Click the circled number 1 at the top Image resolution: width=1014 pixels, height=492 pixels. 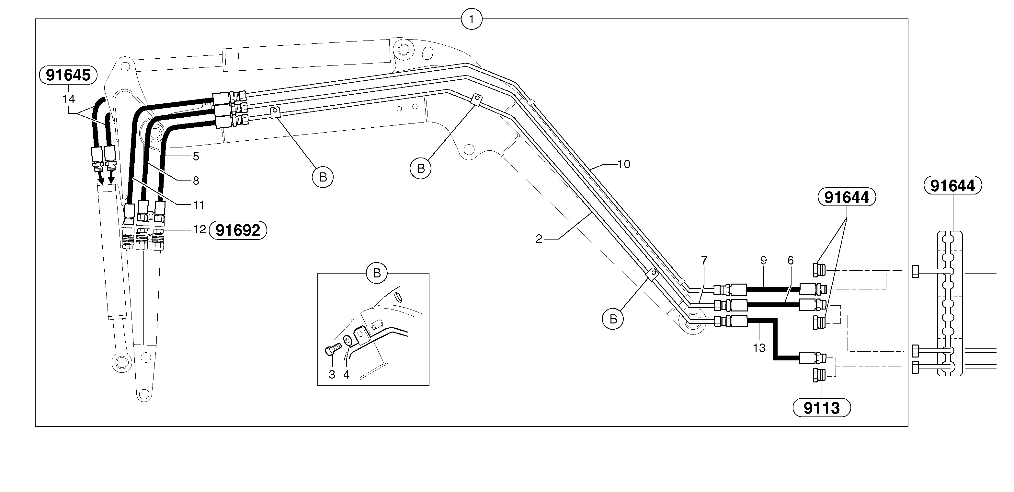(472, 18)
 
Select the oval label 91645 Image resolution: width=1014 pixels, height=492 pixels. (68, 75)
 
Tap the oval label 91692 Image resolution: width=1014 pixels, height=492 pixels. (238, 230)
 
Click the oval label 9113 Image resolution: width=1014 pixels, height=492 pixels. (822, 408)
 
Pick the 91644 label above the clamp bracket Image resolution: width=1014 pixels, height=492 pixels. (952, 185)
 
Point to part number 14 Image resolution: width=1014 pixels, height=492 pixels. (68, 99)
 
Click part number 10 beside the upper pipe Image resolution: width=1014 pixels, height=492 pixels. (624, 164)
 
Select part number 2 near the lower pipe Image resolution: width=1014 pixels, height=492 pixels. (539, 239)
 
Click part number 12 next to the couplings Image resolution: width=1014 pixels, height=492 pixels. (199, 229)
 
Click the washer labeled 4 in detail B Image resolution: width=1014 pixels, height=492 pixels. (348, 340)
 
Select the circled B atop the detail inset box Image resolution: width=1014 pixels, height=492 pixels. (377, 273)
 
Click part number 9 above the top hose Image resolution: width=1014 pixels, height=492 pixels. (764, 260)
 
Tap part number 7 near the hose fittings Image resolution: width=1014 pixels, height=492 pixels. (704, 260)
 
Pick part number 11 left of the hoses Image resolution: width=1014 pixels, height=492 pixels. (199, 205)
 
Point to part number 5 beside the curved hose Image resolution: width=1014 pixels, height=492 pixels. (196, 157)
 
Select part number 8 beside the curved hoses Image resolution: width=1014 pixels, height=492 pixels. (196, 181)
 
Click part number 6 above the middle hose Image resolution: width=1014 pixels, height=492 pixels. (791, 260)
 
